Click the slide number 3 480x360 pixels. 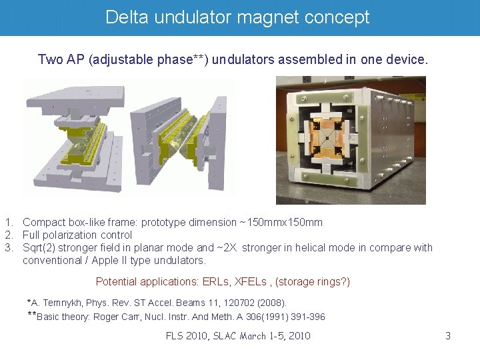pos(448,336)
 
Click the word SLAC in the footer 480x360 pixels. pos(227,336)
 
